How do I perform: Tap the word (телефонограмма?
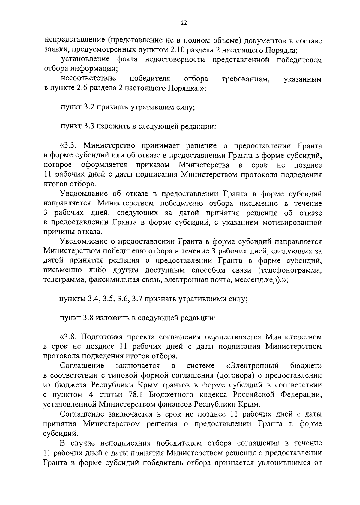[290, 270]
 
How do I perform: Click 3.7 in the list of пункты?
[137, 299]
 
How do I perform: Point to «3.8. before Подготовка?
[67, 337]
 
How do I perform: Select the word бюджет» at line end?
[306, 366]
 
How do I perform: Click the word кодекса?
[220, 394]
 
